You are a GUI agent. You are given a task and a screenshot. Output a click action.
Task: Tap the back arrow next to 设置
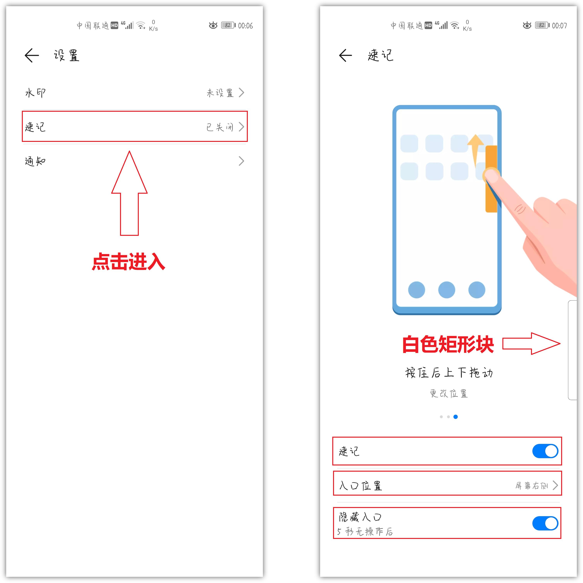click(32, 55)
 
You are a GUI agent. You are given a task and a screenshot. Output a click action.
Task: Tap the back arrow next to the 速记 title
click(345, 55)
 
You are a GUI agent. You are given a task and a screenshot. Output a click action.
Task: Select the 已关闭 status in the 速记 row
click(220, 127)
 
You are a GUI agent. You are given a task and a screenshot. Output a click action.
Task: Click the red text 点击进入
click(129, 261)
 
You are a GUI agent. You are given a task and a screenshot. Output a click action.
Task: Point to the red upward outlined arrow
click(130, 193)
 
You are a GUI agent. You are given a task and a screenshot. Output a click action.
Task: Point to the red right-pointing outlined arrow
click(531, 344)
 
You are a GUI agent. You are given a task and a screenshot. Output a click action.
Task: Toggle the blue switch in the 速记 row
click(545, 451)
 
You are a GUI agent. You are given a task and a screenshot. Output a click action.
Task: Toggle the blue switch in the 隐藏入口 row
click(545, 523)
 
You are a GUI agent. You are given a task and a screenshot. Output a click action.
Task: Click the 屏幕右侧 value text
click(532, 486)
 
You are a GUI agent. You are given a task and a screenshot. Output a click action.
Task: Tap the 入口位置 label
click(361, 486)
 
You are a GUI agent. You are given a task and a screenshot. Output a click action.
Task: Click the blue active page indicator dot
click(456, 417)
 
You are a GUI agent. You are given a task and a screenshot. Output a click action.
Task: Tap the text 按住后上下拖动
click(449, 373)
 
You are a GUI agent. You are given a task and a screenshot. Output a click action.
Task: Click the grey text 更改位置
click(449, 394)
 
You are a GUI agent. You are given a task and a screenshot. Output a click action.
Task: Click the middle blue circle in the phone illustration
click(447, 290)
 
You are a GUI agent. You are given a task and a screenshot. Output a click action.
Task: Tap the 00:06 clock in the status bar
click(245, 26)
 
